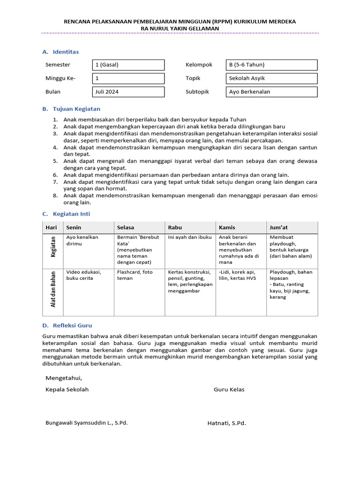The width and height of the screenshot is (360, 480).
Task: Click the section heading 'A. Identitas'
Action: [x=60, y=52]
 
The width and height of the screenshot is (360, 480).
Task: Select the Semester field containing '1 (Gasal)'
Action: [x=128, y=65]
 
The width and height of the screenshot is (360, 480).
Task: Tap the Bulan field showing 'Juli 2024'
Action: [x=128, y=92]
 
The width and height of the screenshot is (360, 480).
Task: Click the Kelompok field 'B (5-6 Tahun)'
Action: [x=271, y=65]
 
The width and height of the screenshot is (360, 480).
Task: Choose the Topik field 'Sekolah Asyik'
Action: [x=271, y=78]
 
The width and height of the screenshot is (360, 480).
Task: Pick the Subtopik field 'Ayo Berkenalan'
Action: [x=271, y=92]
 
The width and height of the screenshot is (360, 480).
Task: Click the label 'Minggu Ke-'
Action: [x=60, y=78]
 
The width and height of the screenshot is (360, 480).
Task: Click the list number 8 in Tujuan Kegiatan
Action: [x=55, y=195]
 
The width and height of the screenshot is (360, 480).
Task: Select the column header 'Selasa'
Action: [x=126, y=227]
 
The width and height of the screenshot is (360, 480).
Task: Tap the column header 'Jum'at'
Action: [x=278, y=227]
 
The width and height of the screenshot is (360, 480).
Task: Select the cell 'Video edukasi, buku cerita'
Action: [x=83, y=275]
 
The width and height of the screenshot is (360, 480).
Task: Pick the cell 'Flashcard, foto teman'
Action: [x=135, y=275]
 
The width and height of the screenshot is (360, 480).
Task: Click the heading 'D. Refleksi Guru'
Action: [x=67, y=325]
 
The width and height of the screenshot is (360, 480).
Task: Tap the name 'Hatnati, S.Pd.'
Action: [x=226, y=423]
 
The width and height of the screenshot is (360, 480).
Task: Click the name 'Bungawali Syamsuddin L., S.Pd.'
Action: [x=86, y=422]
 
